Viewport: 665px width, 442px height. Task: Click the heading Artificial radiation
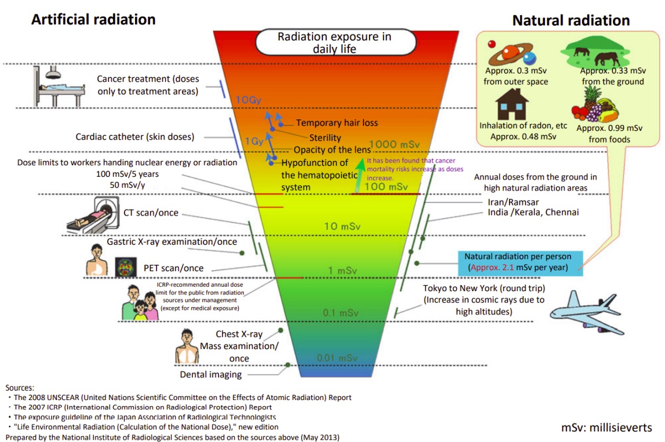[x=93, y=20]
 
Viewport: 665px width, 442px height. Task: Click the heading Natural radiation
[x=571, y=21]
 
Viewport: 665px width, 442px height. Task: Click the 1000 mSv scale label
[x=393, y=144]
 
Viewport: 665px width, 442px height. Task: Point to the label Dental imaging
[x=211, y=375]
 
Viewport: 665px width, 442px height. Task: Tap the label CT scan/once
[x=150, y=213]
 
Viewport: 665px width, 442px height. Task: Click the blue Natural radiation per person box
[x=522, y=262]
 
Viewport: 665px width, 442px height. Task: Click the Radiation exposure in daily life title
[x=334, y=43]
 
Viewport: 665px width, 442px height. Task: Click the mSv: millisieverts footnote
[x=606, y=428]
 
